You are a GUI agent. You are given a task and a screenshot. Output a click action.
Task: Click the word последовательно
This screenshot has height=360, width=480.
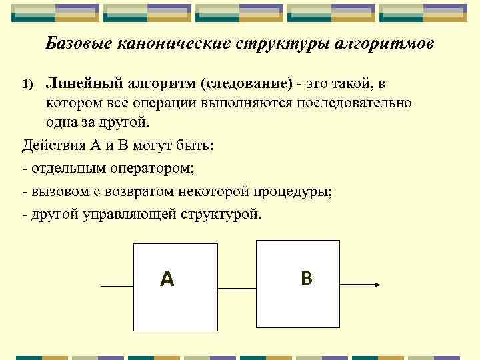point(353,103)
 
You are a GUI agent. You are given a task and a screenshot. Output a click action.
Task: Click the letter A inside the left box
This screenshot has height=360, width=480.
point(167,279)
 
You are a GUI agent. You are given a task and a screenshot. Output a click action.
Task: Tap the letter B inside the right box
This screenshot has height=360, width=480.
point(306,278)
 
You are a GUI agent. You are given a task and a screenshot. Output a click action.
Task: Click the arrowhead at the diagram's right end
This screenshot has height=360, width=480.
point(376,285)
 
